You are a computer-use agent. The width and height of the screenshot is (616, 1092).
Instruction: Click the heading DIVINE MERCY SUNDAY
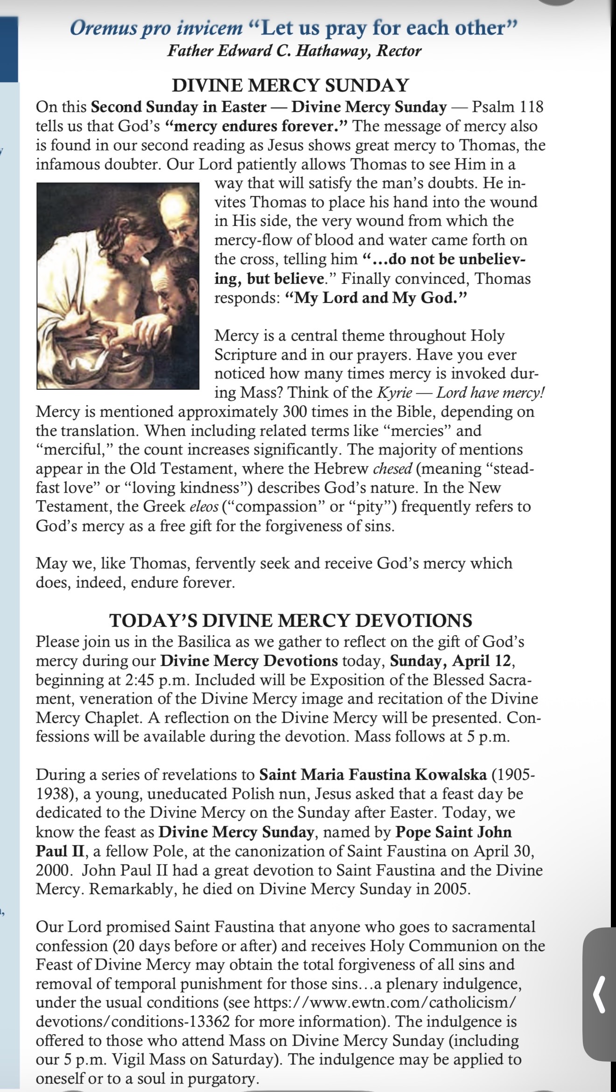pos(290,86)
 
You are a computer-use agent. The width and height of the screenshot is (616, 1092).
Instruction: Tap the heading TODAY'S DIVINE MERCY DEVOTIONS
pos(290,621)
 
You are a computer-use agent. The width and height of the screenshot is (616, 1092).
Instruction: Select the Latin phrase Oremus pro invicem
pos(156,28)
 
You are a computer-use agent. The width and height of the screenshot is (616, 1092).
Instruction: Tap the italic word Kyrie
pos(393,392)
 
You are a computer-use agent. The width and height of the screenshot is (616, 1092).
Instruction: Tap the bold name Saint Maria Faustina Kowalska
pos(373,775)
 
